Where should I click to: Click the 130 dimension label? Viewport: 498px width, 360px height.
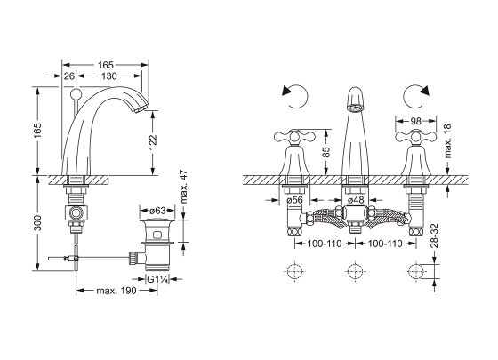pos(109,76)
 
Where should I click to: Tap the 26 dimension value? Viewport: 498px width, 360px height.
pos(69,76)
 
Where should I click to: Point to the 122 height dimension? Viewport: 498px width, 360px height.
pos(153,142)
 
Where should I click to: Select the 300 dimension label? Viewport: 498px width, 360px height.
pos(37,223)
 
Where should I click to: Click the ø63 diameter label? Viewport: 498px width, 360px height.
pos(157,211)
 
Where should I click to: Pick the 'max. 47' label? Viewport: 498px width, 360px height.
pos(183,188)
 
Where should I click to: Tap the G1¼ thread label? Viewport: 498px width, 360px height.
pos(157,280)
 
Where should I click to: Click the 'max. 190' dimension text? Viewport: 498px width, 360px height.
pos(116,291)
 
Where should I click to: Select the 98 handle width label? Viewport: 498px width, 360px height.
pos(415,121)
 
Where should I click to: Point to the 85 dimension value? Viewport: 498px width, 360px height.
pos(326,152)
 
